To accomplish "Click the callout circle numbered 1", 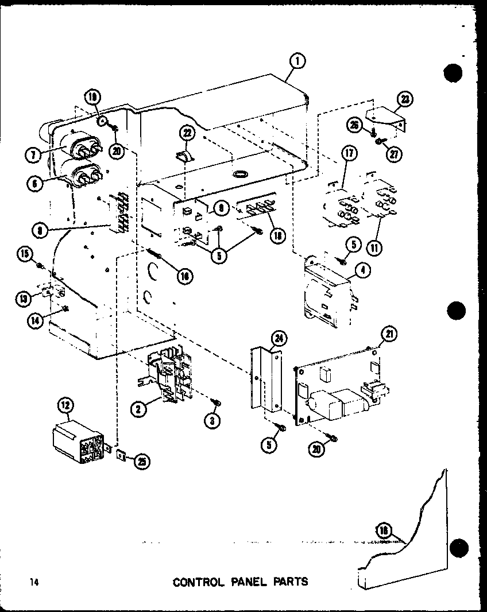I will click(298, 61).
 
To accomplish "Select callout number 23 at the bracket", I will click(406, 99).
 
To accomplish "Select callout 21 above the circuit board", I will click(390, 334).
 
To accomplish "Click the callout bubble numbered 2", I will click(137, 408).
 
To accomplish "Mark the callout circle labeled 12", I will click(65, 406).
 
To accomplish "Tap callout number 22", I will click(188, 133).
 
